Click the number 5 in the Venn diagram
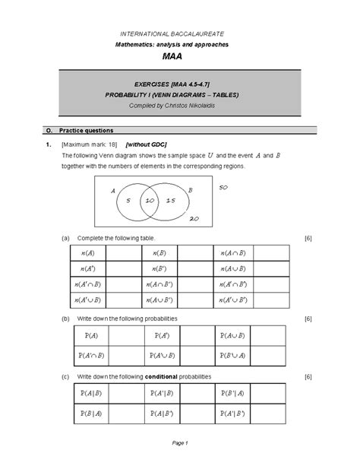click(x=129, y=200)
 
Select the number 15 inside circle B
click(x=170, y=200)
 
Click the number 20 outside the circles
click(x=194, y=217)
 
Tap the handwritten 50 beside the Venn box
click(x=223, y=187)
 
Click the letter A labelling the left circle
click(x=112, y=191)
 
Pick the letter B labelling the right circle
click(x=190, y=189)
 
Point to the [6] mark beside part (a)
click(x=308, y=239)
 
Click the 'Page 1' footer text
click(x=179, y=442)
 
